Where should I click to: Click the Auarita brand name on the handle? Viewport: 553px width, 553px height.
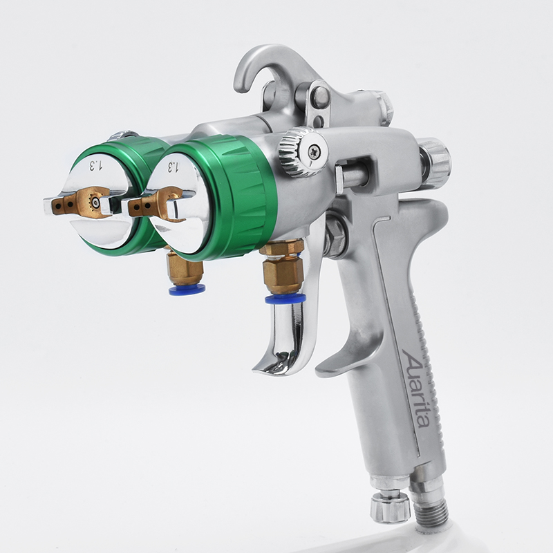pos(416,388)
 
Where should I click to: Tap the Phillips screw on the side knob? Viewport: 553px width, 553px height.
pos(313,152)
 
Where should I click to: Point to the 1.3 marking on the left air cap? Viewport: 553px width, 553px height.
pos(95,165)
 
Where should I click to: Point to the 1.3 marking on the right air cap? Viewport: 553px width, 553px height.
pos(171,167)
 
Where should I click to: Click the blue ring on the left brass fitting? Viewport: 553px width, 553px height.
pos(187,290)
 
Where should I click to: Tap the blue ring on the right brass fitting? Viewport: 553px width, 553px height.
pos(285,299)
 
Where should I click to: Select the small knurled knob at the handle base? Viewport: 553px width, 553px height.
pos(390,507)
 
